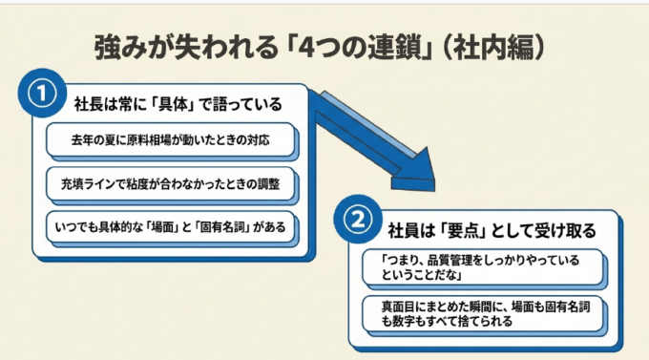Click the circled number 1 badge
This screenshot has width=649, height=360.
tap(42, 94)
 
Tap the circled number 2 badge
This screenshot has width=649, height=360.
tap(358, 219)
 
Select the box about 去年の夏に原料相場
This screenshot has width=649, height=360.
tap(170, 139)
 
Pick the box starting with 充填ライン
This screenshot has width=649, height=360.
tap(170, 183)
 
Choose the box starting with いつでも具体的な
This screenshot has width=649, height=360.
tap(170, 227)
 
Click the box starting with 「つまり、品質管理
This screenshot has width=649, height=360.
tap(483, 267)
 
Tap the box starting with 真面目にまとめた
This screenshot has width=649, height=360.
tap(483, 313)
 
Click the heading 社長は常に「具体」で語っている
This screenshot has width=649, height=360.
tap(178, 104)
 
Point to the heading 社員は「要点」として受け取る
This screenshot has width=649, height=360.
tap(492, 231)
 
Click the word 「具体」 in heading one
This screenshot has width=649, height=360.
tap(173, 104)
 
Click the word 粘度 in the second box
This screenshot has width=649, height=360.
tap(137, 183)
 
